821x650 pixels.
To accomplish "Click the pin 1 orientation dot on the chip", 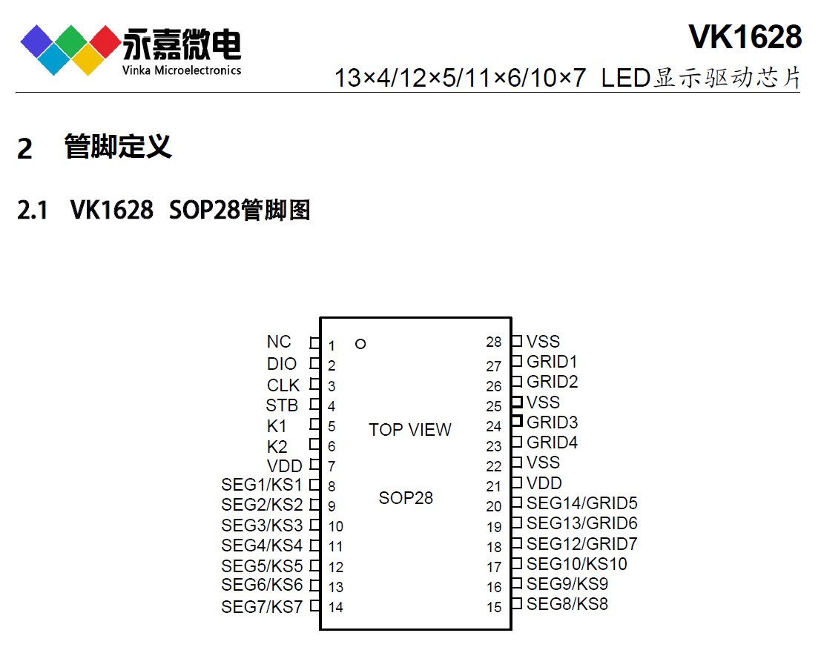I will click(x=360, y=344).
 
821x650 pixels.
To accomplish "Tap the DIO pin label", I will click(x=282, y=364).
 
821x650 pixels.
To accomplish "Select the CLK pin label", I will click(x=283, y=385).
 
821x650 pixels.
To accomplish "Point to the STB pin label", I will click(x=282, y=405).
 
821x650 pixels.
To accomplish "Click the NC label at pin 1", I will click(x=279, y=342).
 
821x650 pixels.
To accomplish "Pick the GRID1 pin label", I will click(x=552, y=362).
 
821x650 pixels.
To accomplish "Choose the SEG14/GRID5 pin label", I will click(x=581, y=503).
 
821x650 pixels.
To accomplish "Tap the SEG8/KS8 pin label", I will click(x=567, y=604).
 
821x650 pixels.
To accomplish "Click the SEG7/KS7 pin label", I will click(x=262, y=607).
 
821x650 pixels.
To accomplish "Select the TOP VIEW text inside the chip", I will click(x=410, y=430).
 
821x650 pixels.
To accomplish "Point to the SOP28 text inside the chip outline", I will click(x=406, y=498).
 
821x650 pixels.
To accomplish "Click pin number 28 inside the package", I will click(x=494, y=342).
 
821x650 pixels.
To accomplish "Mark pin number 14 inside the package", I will click(x=336, y=608).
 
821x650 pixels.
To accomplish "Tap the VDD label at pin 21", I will click(x=544, y=483).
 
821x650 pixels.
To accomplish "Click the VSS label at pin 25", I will click(x=543, y=402).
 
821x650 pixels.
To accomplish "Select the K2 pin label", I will click(x=277, y=447).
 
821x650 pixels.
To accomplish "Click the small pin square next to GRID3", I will click(x=517, y=422).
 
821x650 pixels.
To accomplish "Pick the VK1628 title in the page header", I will click(x=745, y=37).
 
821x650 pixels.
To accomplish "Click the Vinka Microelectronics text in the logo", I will click(x=182, y=70).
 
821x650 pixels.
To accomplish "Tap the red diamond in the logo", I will click(x=107, y=41).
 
